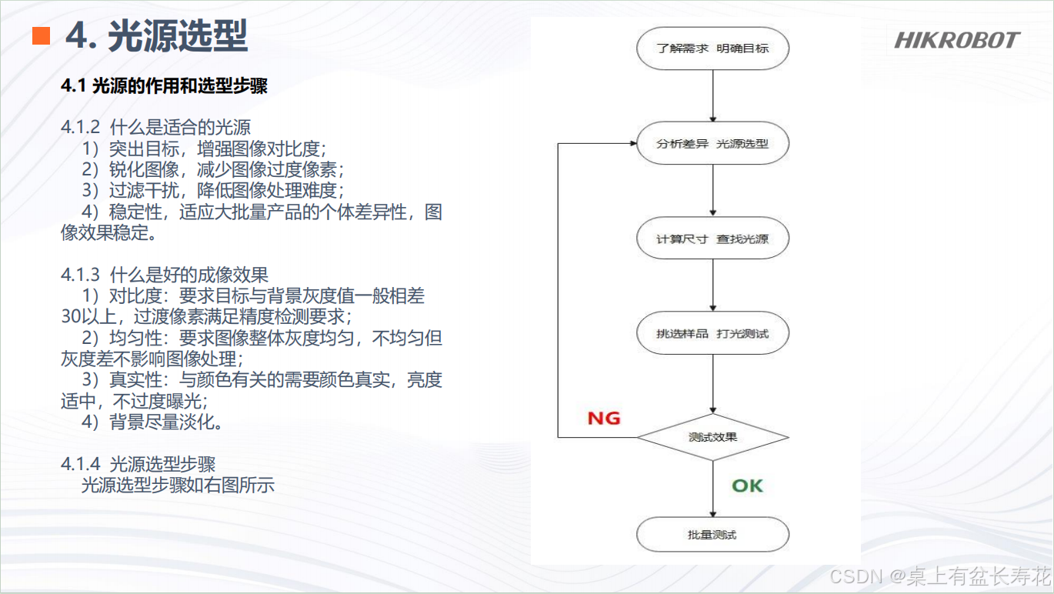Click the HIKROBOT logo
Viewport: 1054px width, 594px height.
(x=956, y=40)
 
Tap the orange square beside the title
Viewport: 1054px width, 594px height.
(x=41, y=35)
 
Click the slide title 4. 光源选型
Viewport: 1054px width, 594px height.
(x=157, y=36)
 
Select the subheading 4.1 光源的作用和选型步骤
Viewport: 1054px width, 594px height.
(x=164, y=86)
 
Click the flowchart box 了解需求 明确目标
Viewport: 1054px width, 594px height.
(x=712, y=48)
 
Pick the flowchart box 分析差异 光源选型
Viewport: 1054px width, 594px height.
(x=712, y=144)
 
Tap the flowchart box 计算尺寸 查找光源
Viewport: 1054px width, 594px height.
(x=712, y=239)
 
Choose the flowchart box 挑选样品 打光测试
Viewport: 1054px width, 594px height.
(x=712, y=334)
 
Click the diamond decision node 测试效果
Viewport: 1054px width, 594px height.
(x=712, y=437)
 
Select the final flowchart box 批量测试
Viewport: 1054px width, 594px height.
(x=712, y=534)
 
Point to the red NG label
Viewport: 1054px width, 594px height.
(x=604, y=418)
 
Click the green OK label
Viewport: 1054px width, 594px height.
(x=747, y=486)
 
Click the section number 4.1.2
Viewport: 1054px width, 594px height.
(x=81, y=127)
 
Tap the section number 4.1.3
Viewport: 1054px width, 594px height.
(x=81, y=275)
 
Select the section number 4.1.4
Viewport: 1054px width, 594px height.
(x=81, y=464)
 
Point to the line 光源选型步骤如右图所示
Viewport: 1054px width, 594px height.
(x=178, y=486)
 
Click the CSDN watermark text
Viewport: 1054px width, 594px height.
(x=940, y=576)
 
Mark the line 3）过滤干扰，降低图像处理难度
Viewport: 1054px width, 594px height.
(x=212, y=190)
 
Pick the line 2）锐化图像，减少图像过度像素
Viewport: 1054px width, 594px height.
(x=212, y=169)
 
